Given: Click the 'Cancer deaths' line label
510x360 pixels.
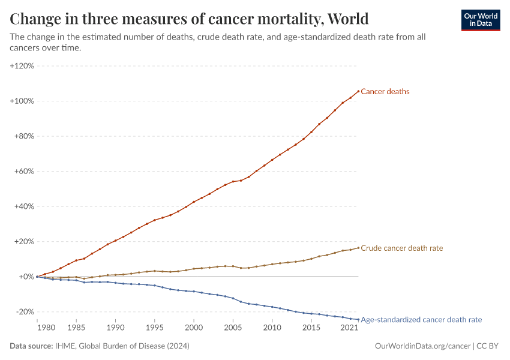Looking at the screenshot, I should pyautogui.click(x=385, y=92).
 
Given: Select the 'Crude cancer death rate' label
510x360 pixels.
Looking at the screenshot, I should pyautogui.click(x=401, y=248).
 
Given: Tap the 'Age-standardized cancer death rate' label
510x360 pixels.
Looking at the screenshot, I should pyautogui.click(x=421, y=320).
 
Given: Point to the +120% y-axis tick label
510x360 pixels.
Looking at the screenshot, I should pyautogui.click(x=22, y=65).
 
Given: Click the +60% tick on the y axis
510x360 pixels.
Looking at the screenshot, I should pyautogui.click(x=23, y=171).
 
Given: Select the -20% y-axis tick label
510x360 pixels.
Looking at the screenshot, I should pyautogui.click(x=24, y=312).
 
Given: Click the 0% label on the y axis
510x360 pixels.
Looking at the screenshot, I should pyautogui.click(x=26, y=277).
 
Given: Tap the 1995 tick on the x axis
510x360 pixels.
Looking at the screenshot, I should pyautogui.click(x=154, y=328).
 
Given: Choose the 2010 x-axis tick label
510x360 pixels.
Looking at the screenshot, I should pyautogui.click(x=272, y=328).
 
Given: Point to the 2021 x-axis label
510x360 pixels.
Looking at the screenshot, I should pyautogui.click(x=349, y=328).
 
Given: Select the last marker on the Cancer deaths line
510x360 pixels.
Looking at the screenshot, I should pyautogui.click(x=358, y=91).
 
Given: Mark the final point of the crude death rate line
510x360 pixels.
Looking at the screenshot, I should pyautogui.click(x=358, y=248).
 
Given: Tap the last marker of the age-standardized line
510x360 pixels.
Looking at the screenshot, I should pyautogui.click(x=358, y=319).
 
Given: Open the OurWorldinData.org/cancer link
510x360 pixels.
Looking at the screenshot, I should pyautogui.click(x=422, y=346).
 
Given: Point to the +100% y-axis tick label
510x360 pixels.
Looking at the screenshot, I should pyautogui.click(x=22, y=101).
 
